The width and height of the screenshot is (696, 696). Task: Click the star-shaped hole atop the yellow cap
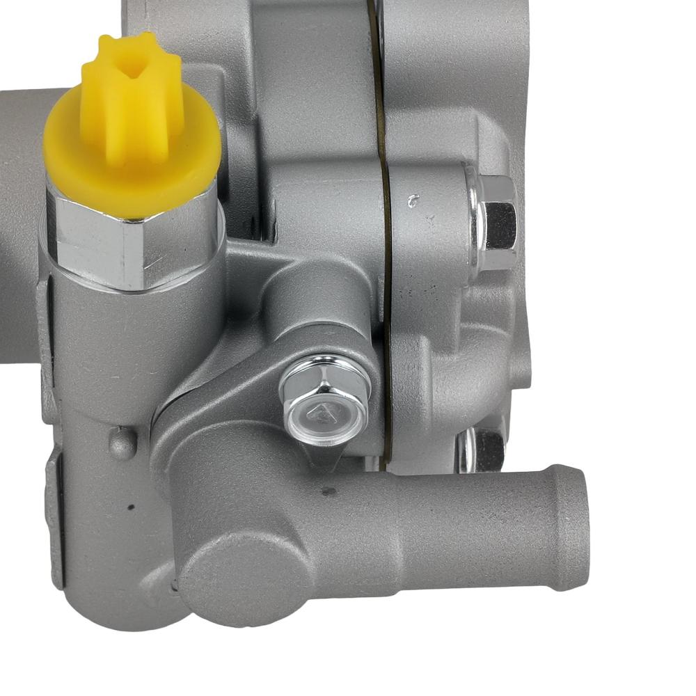click(132, 67)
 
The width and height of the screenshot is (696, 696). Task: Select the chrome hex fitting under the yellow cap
click(132, 244)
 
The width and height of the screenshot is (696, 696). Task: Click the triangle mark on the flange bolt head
click(322, 416)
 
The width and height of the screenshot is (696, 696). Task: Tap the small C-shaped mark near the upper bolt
click(414, 202)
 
